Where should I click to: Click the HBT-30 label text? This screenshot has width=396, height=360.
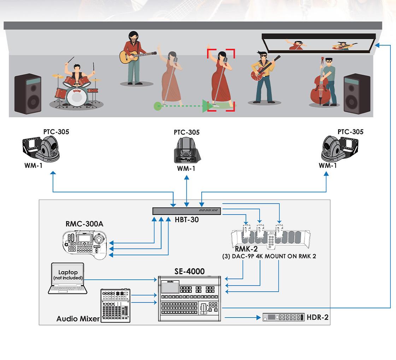(x=187, y=220)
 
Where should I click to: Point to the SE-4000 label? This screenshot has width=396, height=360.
(x=189, y=272)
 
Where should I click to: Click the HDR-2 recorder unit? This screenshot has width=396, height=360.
(x=283, y=317)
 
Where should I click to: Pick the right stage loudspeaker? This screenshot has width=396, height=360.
(x=356, y=94)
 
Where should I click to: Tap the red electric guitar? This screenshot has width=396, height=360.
(x=260, y=72)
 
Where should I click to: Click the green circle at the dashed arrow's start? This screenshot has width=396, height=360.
(x=158, y=105)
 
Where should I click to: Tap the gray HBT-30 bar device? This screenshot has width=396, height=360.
(x=187, y=211)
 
